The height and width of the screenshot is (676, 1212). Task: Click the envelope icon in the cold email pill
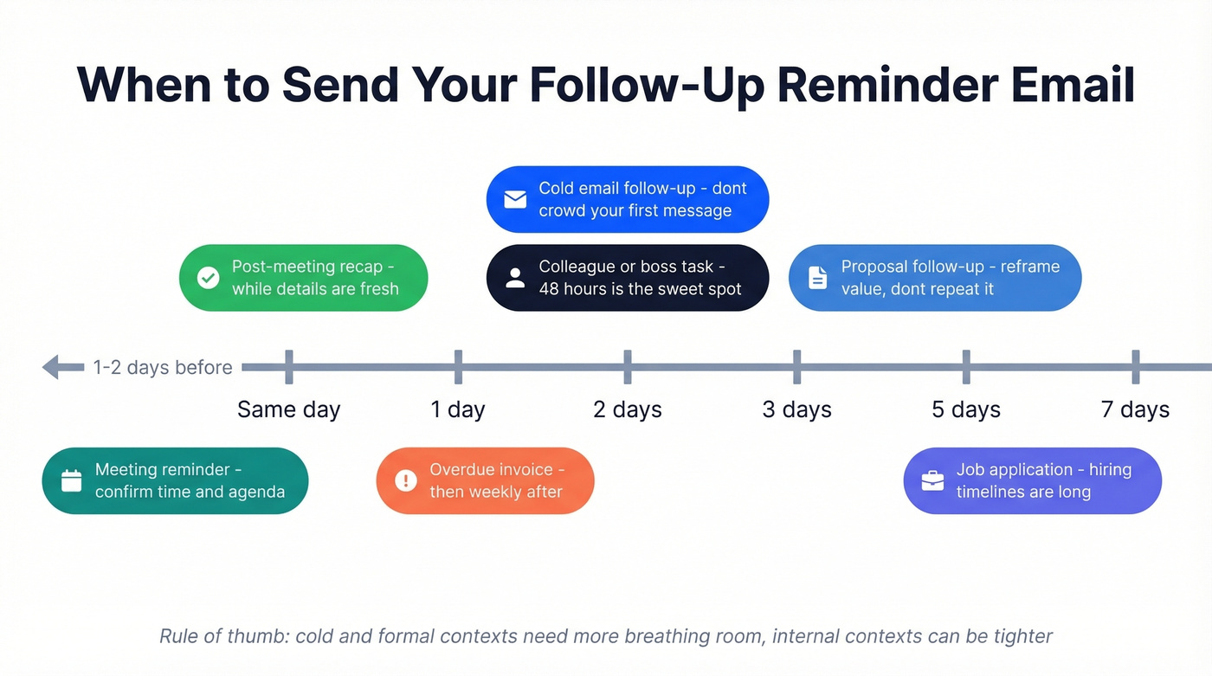(x=515, y=199)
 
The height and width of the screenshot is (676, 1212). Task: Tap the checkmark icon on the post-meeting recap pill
(x=208, y=278)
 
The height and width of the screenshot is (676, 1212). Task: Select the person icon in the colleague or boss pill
(x=515, y=278)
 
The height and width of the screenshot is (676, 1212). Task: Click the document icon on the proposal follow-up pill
(x=817, y=278)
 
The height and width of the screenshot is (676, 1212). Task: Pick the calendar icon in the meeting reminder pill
(x=71, y=480)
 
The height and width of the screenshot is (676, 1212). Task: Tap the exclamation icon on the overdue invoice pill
(x=405, y=480)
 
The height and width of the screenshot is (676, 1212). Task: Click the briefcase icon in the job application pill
(x=932, y=480)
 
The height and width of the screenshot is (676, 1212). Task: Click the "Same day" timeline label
(x=288, y=409)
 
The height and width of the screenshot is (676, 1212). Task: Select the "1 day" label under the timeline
(x=458, y=409)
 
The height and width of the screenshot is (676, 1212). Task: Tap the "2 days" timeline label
(x=627, y=409)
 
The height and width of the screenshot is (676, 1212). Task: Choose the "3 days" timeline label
(x=796, y=409)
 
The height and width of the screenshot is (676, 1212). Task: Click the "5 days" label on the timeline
(x=965, y=409)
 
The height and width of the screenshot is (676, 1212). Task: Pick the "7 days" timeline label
(x=1135, y=409)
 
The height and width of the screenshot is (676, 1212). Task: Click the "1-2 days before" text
(x=163, y=367)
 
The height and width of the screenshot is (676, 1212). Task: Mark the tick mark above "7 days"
(x=1135, y=367)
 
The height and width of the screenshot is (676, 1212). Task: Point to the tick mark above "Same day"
(x=288, y=367)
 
